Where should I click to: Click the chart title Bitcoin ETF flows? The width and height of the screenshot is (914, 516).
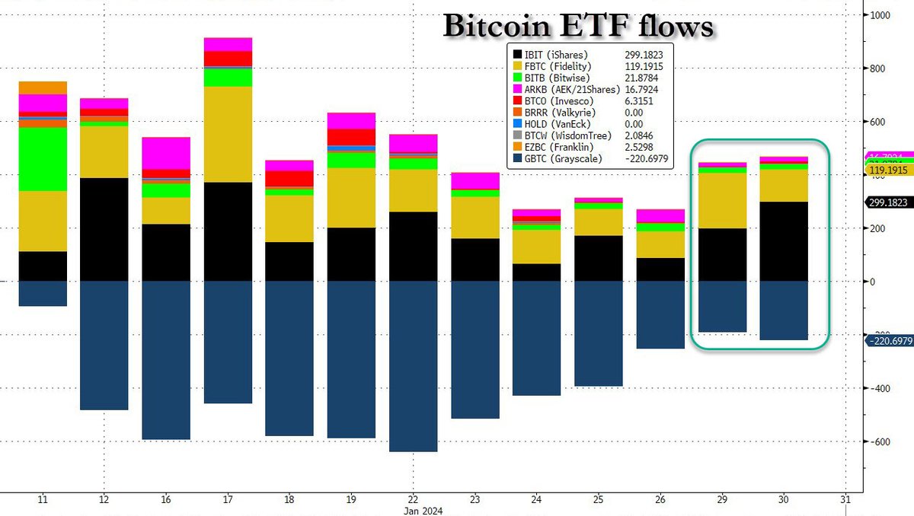click(578, 27)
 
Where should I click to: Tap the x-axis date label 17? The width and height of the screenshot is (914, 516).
click(228, 500)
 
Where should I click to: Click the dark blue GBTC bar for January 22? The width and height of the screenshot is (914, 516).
click(414, 366)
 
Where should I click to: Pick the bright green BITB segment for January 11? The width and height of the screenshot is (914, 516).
click(43, 159)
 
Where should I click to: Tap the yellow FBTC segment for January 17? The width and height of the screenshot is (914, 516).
click(228, 134)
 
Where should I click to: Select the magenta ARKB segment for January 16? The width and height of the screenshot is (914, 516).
click(166, 153)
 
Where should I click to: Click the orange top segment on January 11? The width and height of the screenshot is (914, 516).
click(43, 88)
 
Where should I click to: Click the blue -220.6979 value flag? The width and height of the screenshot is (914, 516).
click(890, 340)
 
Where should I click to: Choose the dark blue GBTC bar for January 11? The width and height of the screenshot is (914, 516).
click(43, 294)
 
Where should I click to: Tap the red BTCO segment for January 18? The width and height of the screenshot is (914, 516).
click(289, 178)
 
